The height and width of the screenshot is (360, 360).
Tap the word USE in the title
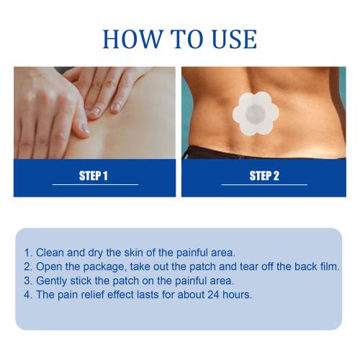[x=235, y=39]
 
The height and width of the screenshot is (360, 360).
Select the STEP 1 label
[x=94, y=176]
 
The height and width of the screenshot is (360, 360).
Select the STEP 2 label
[x=264, y=176]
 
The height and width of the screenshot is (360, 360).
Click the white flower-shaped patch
[x=256, y=114]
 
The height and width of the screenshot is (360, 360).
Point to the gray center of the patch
[x=256, y=114]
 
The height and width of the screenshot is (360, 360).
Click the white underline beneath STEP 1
[x=96, y=184]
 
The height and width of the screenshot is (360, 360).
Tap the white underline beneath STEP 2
[x=264, y=184]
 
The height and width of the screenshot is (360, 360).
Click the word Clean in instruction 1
[x=50, y=253]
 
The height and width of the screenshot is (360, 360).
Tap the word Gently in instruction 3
[x=51, y=282]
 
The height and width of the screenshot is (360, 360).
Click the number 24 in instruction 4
[x=213, y=294]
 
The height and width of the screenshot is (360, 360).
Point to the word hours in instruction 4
[x=237, y=294]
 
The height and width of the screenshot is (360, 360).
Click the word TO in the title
[x=187, y=39]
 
